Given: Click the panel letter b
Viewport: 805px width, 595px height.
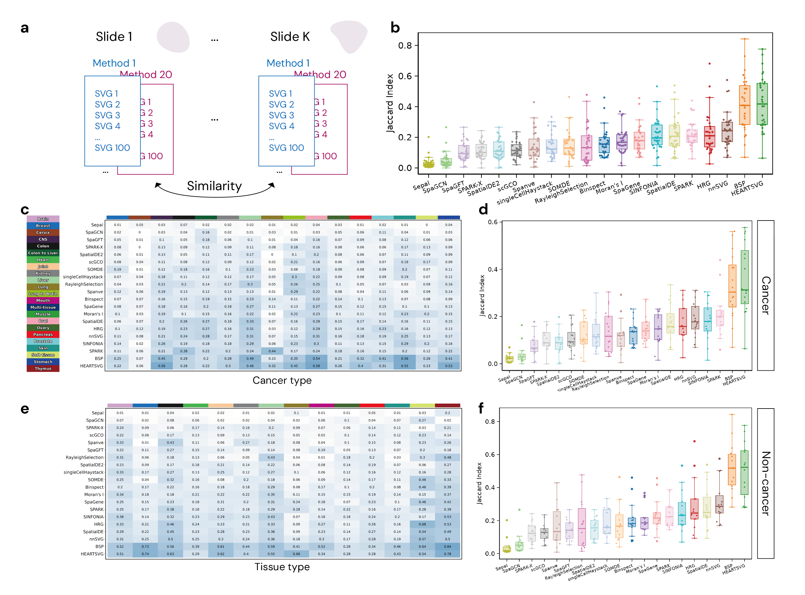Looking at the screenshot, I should click(x=395, y=28).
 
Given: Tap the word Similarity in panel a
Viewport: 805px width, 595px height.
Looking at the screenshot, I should click(x=214, y=186).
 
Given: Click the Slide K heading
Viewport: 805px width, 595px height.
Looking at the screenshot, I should click(x=290, y=37).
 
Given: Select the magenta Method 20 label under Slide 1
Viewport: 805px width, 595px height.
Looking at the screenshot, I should click(x=146, y=75).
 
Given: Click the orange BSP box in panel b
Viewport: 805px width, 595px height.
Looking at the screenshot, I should click(x=745, y=105).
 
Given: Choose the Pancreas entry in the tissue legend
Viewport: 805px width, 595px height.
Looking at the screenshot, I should click(x=43, y=335).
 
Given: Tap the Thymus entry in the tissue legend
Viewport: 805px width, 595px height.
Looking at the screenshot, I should click(x=43, y=369).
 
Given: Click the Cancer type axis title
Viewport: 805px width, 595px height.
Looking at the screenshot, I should click(x=282, y=380).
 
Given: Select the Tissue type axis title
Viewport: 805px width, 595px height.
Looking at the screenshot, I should click(x=282, y=567).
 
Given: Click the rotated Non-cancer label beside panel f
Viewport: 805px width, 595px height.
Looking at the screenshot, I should click(x=766, y=483).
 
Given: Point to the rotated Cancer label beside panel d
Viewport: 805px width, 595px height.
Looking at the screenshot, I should click(x=766, y=295).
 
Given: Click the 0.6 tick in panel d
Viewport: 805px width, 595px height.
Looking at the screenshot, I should click(x=493, y=222).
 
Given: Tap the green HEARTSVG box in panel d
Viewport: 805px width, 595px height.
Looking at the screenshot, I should click(x=745, y=277).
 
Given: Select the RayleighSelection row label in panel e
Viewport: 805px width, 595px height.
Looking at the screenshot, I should click(x=84, y=457).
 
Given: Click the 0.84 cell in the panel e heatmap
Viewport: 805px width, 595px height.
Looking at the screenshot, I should click(x=448, y=546).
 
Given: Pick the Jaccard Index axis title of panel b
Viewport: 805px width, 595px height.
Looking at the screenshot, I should click(x=390, y=103).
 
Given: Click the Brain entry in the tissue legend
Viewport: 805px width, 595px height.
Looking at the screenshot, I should click(x=43, y=219).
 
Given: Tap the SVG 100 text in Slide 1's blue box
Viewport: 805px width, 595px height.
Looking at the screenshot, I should click(x=112, y=148).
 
